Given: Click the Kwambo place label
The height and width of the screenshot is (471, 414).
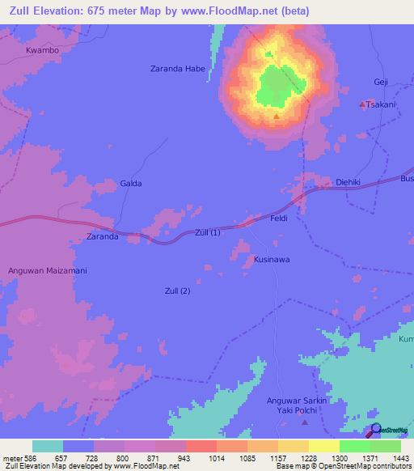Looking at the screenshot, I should [x=42, y=49].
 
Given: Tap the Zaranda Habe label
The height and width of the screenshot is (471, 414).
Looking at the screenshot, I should [x=178, y=69].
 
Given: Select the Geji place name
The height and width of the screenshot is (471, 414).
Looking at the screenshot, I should [x=381, y=83].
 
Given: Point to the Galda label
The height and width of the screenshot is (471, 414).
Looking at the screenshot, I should [x=131, y=184].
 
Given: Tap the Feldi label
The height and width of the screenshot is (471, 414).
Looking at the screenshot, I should [x=278, y=219].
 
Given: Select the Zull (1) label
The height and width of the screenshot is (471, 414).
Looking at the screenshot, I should [x=208, y=233].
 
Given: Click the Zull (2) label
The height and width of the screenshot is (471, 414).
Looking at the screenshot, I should [x=178, y=291].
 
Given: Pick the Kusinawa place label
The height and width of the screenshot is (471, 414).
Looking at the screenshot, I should [x=272, y=260].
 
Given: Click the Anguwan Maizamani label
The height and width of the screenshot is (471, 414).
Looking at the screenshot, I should [x=47, y=269].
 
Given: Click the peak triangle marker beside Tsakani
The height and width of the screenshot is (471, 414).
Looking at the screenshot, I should [x=361, y=104].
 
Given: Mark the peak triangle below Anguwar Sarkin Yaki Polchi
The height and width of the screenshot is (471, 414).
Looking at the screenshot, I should [x=305, y=422].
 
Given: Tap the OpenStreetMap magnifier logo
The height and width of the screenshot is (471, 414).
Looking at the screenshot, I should [x=375, y=430].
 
